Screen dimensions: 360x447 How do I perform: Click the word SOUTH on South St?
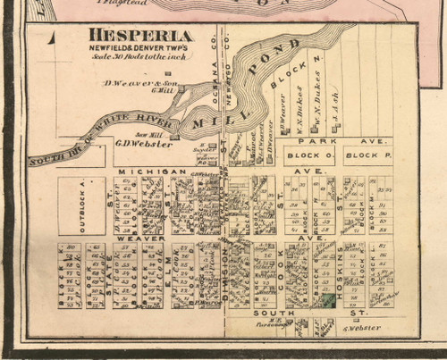pos(266,314)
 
